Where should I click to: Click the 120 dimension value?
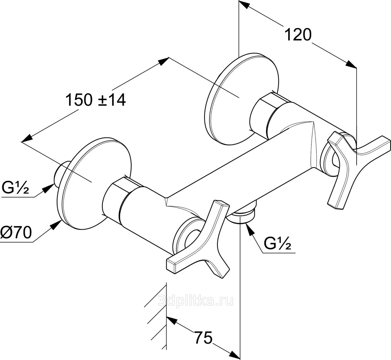[x=298, y=35]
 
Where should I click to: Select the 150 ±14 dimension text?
[x=95, y=100]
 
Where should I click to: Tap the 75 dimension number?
[x=203, y=338]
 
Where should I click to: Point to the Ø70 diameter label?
[x=16, y=232]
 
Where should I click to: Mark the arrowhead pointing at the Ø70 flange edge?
[x=56, y=225]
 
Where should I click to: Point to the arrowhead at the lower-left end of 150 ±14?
[x=27, y=139]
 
